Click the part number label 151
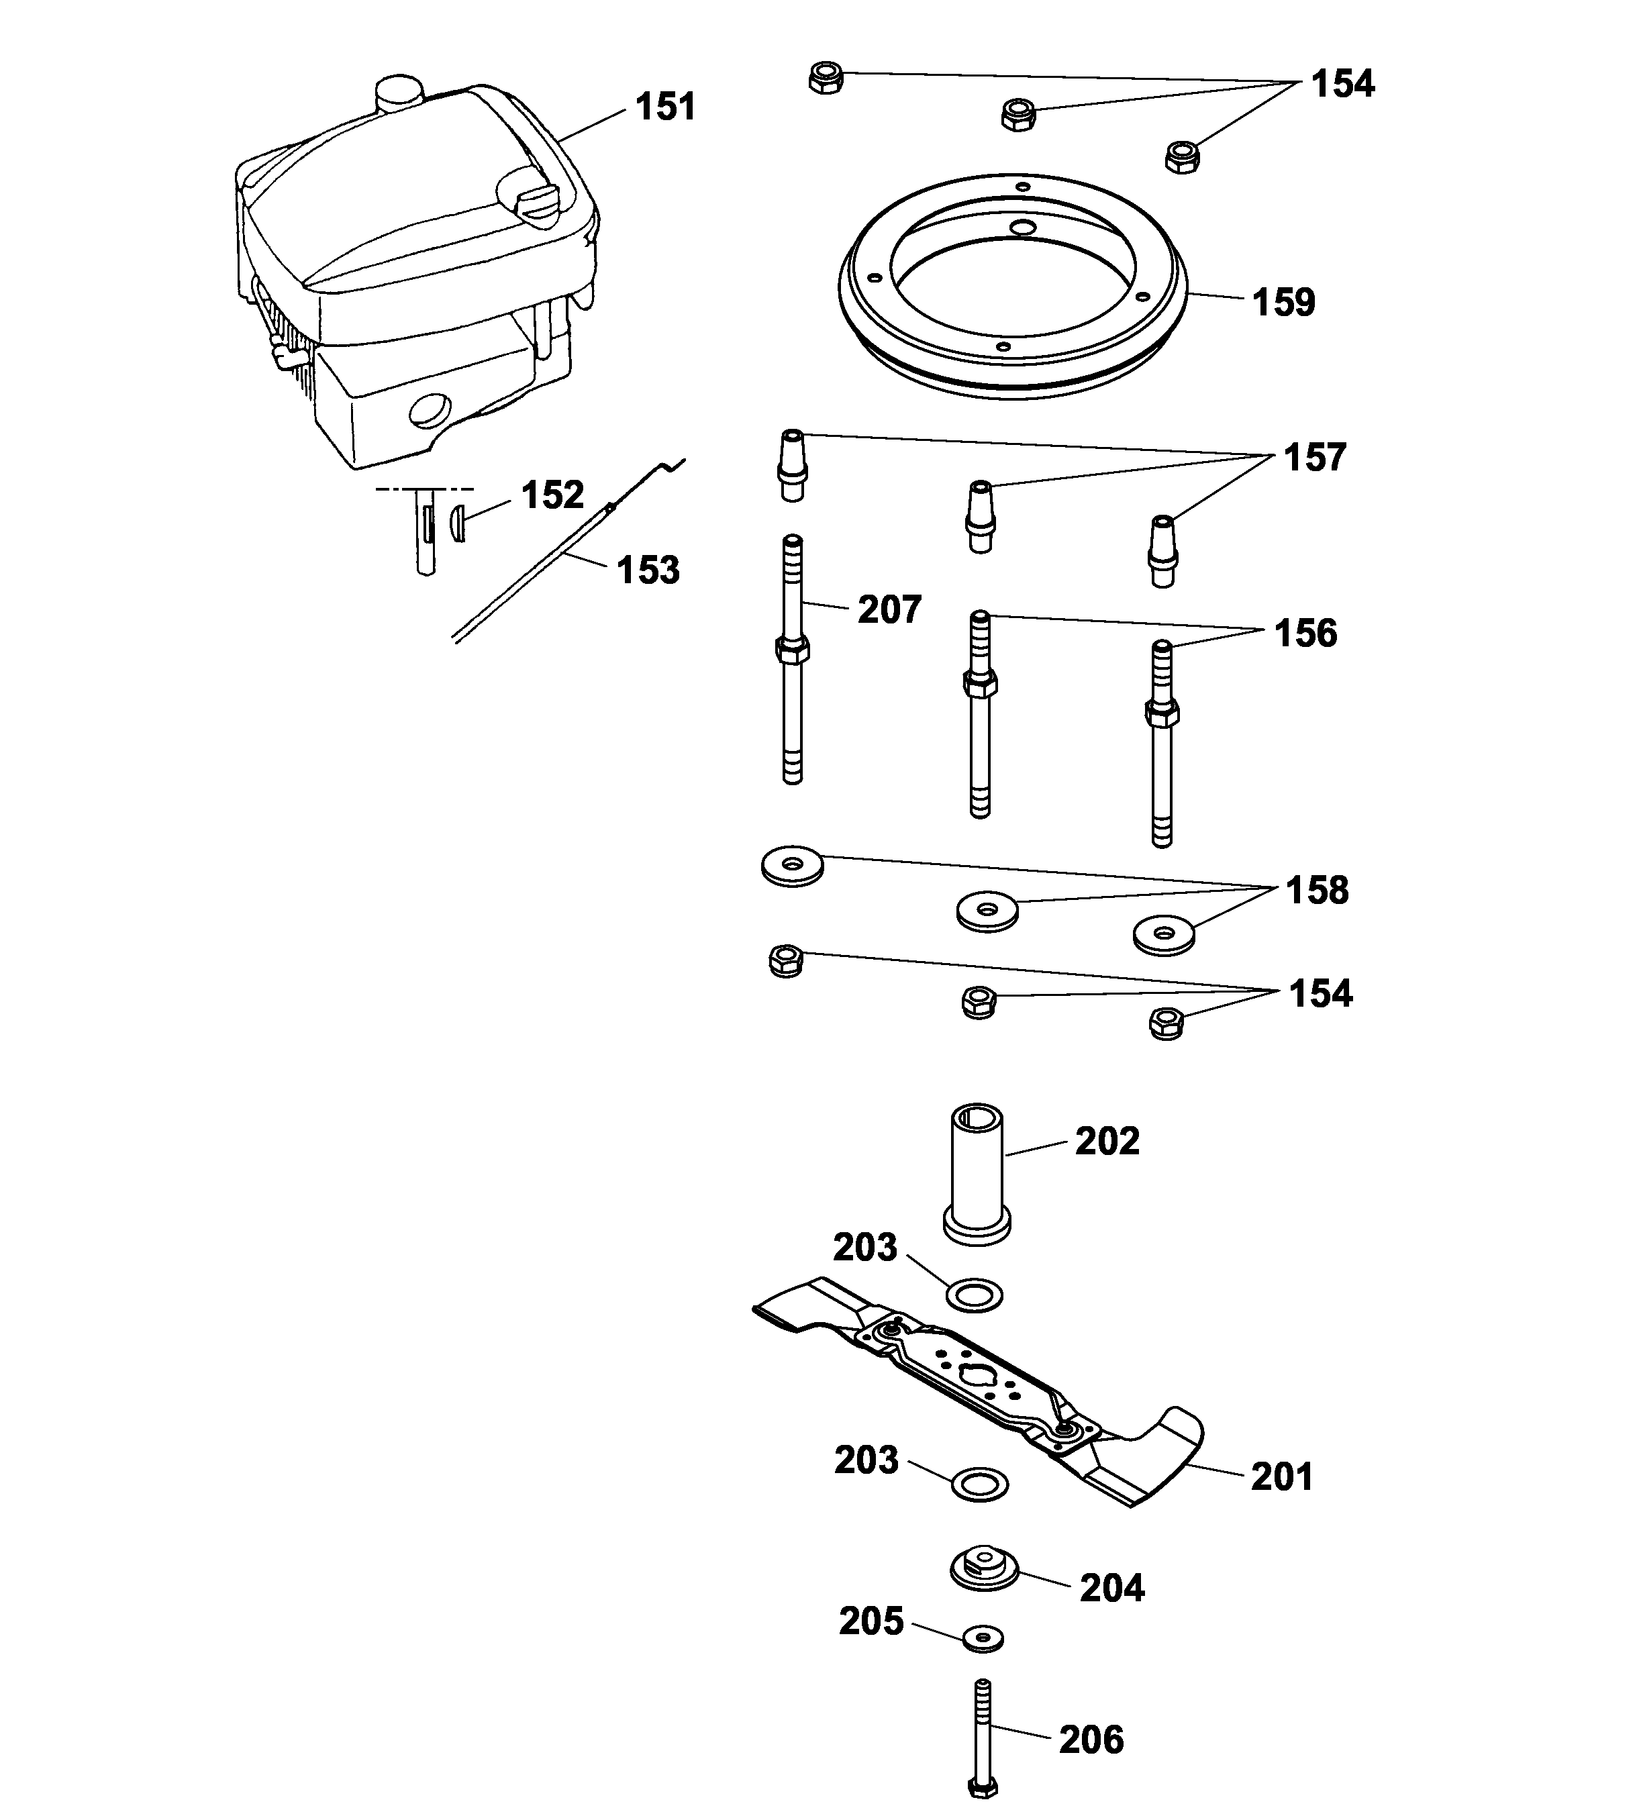tap(664, 107)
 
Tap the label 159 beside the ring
tap(1283, 303)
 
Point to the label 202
tap(1107, 1141)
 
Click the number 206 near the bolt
tap(1091, 1740)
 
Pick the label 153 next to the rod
tap(648, 570)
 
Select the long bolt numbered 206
tap(983, 1738)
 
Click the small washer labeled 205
tap(983, 1638)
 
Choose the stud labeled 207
tap(792, 660)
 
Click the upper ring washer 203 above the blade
tap(975, 1295)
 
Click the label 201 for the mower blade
tap(1281, 1477)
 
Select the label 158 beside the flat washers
tap(1316, 891)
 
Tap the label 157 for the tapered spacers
tap(1315, 458)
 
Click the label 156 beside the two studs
tap(1305, 634)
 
